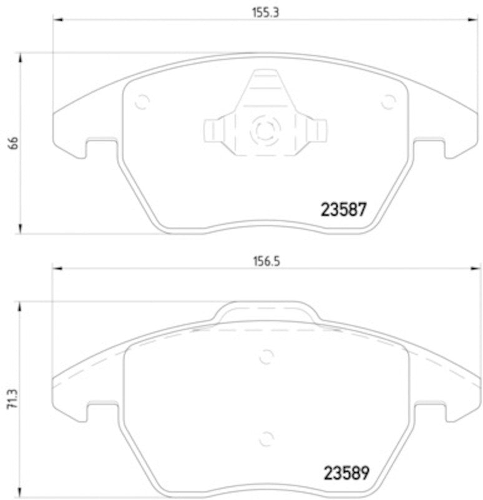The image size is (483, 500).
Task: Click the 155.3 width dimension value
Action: click(261, 11)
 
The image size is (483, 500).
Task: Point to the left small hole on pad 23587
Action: click(142, 100)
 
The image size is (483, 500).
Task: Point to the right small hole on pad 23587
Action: click(389, 101)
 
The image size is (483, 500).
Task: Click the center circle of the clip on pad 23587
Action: click(262, 131)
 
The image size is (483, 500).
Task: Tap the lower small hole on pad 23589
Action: click(266, 437)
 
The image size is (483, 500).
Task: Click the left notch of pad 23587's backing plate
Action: click(100, 147)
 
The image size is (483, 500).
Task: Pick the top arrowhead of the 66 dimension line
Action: click(22, 57)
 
